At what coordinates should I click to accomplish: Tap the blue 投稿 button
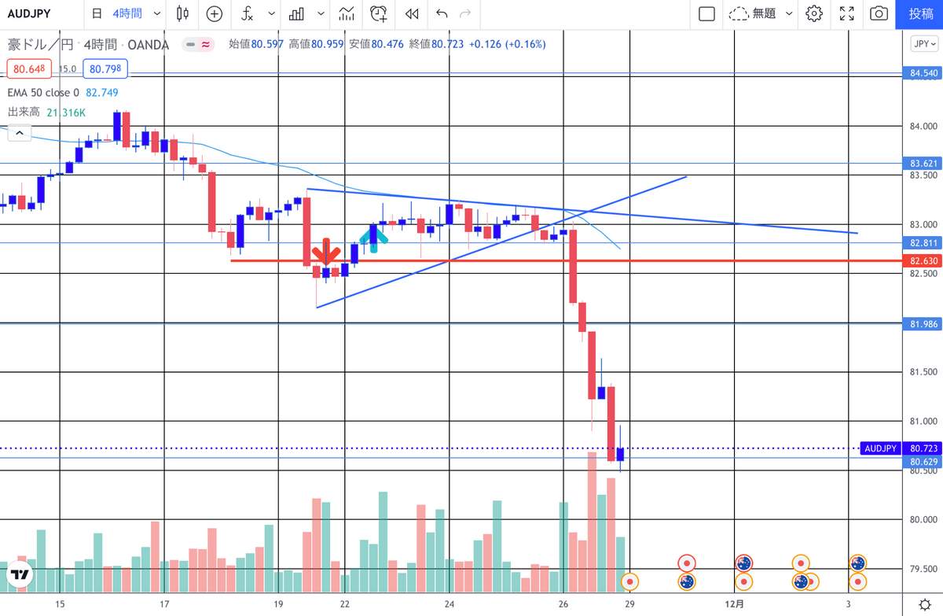tap(921, 13)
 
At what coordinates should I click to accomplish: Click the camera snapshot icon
tap(879, 13)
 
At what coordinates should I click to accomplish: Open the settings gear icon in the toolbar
tap(814, 13)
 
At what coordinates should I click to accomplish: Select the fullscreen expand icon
tap(847, 13)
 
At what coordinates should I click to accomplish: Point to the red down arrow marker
tap(325, 255)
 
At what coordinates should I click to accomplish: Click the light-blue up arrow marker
tap(373, 237)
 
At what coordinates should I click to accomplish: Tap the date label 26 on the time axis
tap(563, 603)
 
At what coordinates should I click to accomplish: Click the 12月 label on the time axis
tap(734, 603)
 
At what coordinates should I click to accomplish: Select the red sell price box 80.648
tap(30, 69)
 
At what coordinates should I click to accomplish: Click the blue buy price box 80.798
tap(106, 69)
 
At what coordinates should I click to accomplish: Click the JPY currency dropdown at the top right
tap(924, 44)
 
